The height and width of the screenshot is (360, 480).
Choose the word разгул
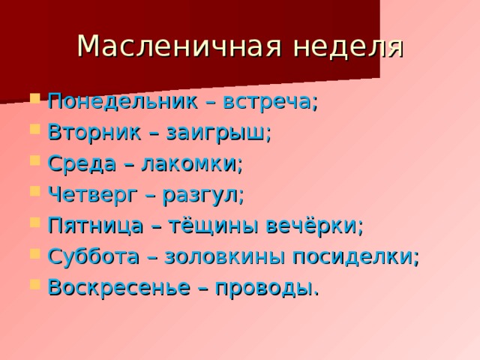(202, 195)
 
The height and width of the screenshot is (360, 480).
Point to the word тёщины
(209, 226)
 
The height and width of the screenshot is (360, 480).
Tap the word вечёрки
(315, 226)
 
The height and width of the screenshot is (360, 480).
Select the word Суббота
(90, 256)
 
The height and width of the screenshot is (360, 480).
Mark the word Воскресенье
(113, 287)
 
